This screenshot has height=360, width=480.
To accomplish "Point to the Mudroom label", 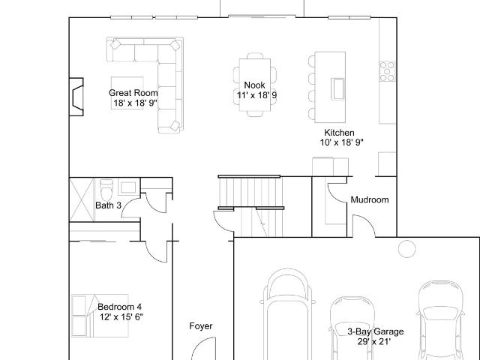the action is coord(370,200).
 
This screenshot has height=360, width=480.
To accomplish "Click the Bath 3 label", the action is coord(108,205).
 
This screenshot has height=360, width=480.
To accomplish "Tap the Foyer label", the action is coord(201,326).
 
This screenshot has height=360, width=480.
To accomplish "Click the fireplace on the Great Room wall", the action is coord(76,97).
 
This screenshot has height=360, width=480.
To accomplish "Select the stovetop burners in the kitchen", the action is coord(387,71).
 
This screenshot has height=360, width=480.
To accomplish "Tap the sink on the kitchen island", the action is coord(337,88).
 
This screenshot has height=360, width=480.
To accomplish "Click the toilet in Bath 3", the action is coord(106,190).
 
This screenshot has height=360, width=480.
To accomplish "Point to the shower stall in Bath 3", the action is coord(82,199).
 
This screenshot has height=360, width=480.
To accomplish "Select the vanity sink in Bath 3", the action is coord(128,187).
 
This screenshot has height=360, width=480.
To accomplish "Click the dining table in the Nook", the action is coord(255,85).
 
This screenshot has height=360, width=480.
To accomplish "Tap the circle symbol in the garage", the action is coord(407,248).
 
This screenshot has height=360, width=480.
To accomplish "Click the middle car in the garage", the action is coord(352,328).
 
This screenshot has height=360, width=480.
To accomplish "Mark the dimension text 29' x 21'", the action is coord(374,341).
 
